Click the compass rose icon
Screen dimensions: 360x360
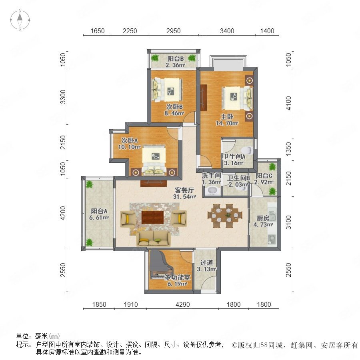click(20, 20)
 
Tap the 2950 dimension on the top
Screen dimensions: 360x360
click(173, 31)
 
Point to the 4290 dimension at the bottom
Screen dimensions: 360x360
click(183, 304)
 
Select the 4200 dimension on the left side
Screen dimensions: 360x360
click(63, 213)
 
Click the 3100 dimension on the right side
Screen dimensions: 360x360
click(288, 222)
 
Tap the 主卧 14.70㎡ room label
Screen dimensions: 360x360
click(227, 120)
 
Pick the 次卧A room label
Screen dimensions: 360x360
click(130, 140)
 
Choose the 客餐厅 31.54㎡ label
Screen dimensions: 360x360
click(184, 193)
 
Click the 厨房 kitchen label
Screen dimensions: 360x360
click(263, 218)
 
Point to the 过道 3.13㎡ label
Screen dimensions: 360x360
click(207, 266)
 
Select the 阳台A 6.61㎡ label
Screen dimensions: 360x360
click(99, 214)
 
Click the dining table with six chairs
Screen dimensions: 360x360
click(225, 216)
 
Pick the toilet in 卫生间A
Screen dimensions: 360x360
click(247, 150)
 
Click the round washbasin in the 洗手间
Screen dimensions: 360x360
click(212, 191)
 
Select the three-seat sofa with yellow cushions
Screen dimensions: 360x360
click(153, 239)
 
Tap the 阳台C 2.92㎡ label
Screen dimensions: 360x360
click(264, 179)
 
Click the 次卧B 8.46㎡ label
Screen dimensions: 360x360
click(174, 110)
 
